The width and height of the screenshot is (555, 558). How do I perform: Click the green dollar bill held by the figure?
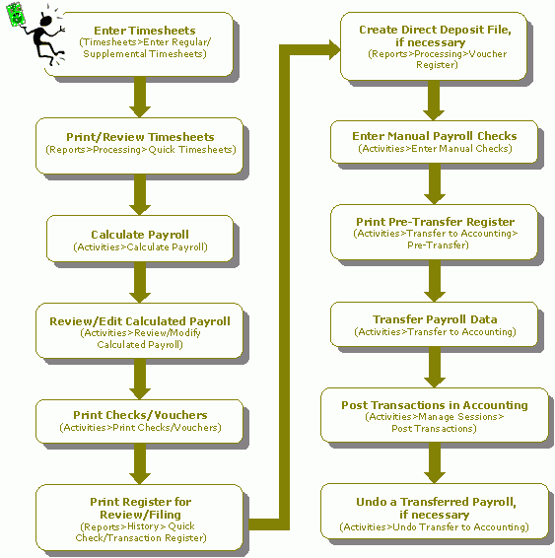(15, 14)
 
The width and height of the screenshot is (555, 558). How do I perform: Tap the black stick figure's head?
(46, 21)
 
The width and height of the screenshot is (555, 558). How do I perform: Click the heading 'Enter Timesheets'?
(145, 31)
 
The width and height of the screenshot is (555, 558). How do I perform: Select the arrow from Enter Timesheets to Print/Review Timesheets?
(140, 98)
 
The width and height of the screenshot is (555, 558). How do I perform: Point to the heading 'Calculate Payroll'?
(140, 235)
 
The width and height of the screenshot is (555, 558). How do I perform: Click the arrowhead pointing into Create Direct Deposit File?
(335, 50)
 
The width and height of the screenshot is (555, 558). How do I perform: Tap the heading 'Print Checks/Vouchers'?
(140, 415)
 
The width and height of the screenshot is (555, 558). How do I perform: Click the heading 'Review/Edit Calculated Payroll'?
(140, 321)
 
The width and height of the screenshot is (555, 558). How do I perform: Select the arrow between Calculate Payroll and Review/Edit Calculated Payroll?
(140, 283)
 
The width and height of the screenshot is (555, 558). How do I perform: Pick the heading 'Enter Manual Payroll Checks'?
(435, 136)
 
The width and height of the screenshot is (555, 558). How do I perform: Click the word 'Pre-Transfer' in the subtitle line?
(438, 245)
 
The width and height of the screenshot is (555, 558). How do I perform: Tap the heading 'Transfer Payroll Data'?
(435, 319)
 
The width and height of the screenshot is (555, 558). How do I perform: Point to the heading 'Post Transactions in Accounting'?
(435, 405)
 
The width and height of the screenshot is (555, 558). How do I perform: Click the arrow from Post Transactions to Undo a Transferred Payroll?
(435, 463)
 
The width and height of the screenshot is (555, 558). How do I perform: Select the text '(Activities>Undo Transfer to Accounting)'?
(434, 527)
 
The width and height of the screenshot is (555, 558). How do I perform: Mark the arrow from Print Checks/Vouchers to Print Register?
(140, 464)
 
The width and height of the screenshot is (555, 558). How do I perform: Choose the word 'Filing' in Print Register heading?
(165, 515)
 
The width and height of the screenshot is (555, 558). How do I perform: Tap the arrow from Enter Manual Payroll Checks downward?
(435, 184)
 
